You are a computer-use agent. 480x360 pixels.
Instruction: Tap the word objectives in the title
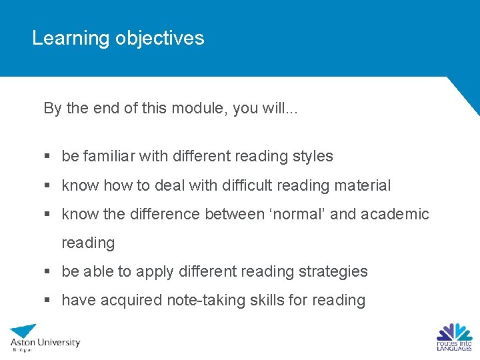pos(159,39)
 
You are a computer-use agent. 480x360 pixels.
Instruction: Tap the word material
pos(365,185)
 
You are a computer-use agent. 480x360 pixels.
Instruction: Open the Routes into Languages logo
pos(454,337)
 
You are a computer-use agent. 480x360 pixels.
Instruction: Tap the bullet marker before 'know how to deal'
pos(47,186)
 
